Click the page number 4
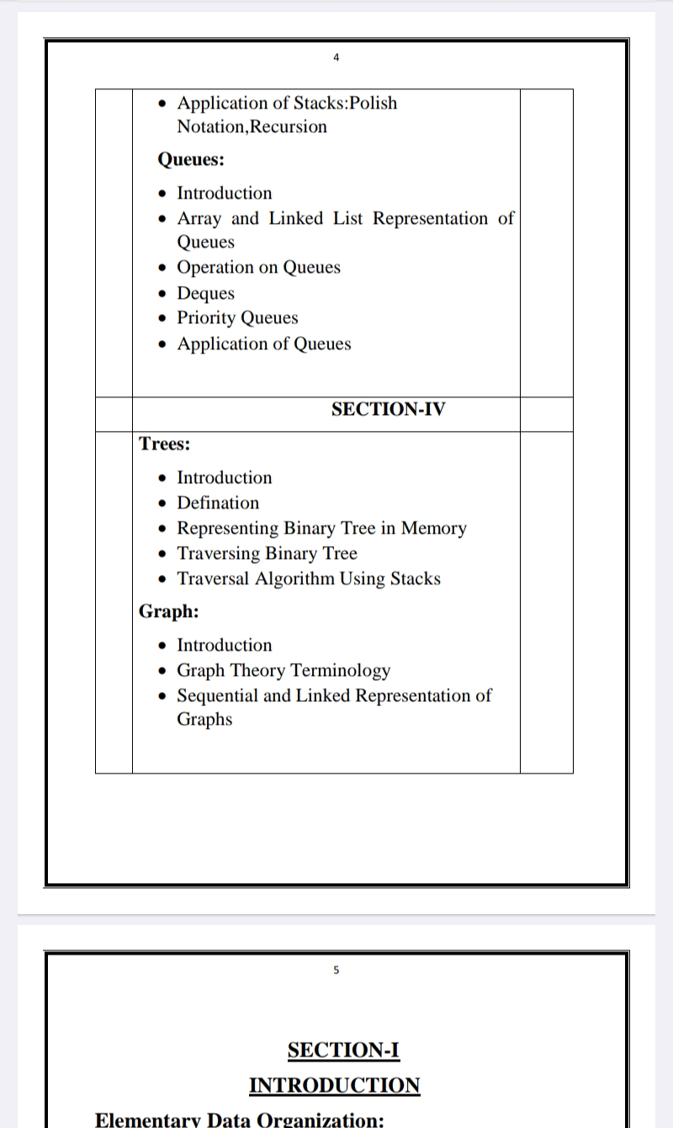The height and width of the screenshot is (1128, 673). coord(336,58)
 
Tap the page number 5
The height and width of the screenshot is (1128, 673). coord(336,970)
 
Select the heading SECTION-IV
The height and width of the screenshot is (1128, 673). coord(389,409)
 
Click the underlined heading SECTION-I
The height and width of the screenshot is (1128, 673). coord(343,1050)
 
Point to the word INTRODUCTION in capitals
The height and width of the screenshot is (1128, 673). coord(334,1085)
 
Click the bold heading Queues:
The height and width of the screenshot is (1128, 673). coord(191,159)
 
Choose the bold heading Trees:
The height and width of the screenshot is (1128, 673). coord(165,443)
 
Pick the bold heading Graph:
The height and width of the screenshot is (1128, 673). coord(169,611)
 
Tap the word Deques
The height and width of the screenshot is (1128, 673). coord(205,293)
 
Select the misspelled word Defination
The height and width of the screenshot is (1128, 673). coord(218,503)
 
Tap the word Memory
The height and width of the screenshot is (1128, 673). coord(433,528)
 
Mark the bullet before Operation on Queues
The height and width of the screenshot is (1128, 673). coord(163,268)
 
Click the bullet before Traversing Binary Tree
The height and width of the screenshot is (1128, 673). coord(163,554)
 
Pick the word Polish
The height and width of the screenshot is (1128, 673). coord(373,104)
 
